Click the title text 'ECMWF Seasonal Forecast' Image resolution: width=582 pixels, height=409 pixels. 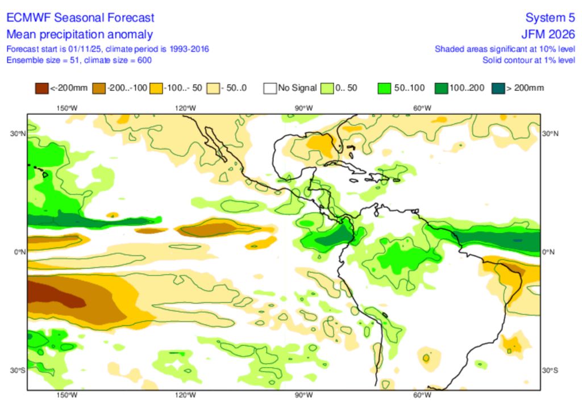(x=80, y=18)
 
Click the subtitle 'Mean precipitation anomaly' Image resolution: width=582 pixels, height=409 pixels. (x=80, y=34)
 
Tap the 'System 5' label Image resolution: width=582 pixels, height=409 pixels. (x=549, y=18)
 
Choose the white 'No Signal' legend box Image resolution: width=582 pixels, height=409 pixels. (x=270, y=88)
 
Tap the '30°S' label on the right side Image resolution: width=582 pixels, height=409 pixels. (x=550, y=370)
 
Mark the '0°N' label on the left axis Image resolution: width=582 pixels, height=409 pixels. (x=20, y=252)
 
